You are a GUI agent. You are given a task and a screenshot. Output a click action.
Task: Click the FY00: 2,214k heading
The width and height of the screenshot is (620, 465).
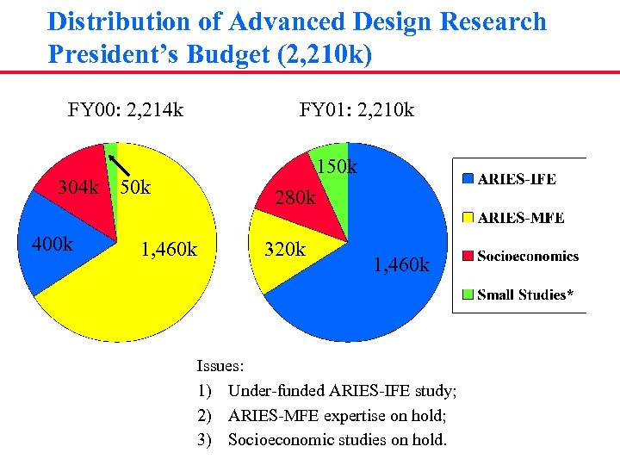click(x=126, y=109)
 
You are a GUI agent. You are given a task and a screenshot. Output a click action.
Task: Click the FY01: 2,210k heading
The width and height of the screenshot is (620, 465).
click(x=356, y=109)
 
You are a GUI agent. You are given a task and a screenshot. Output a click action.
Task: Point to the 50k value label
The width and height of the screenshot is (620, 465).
click(x=136, y=187)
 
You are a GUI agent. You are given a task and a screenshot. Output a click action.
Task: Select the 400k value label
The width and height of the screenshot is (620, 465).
click(x=52, y=245)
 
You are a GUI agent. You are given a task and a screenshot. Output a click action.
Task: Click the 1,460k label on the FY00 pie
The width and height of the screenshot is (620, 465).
click(x=169, y=251)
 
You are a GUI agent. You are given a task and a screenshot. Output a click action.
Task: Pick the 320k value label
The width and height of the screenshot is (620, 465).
click(x=285, y=250)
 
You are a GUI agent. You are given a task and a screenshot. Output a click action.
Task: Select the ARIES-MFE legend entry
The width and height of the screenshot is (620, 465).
click(x=520, y=218)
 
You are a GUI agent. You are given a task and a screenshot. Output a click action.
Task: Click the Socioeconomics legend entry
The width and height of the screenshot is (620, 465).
click(x=527, y=256)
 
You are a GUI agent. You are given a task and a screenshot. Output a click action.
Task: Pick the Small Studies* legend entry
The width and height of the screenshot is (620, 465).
click(x=524, y=294)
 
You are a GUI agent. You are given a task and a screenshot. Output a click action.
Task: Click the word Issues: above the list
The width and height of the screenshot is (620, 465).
click(x=220, y=366)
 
